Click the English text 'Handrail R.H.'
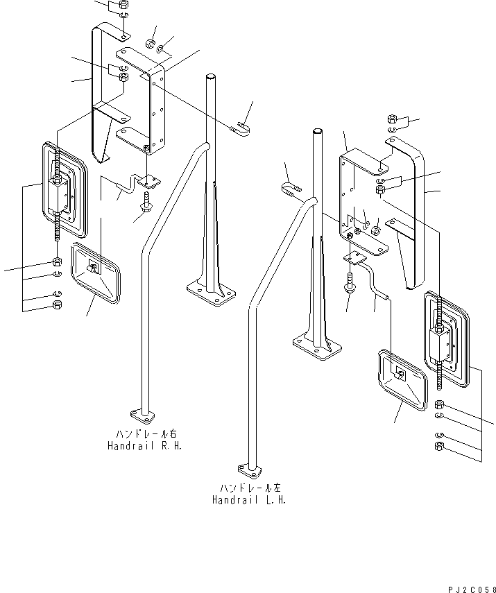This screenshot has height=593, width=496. click(144, 447)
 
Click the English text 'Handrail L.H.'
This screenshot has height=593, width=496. click(249, 499)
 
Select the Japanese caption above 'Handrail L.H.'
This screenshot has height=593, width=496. click(249, 488)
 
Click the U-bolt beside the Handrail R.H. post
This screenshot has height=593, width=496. click(239, 127)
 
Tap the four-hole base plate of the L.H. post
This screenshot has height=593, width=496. click(316, 345)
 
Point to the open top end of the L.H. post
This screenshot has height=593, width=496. click(317, 131)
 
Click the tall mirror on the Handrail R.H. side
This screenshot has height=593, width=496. click(63, 187)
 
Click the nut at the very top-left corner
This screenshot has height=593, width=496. click(122, 5)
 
